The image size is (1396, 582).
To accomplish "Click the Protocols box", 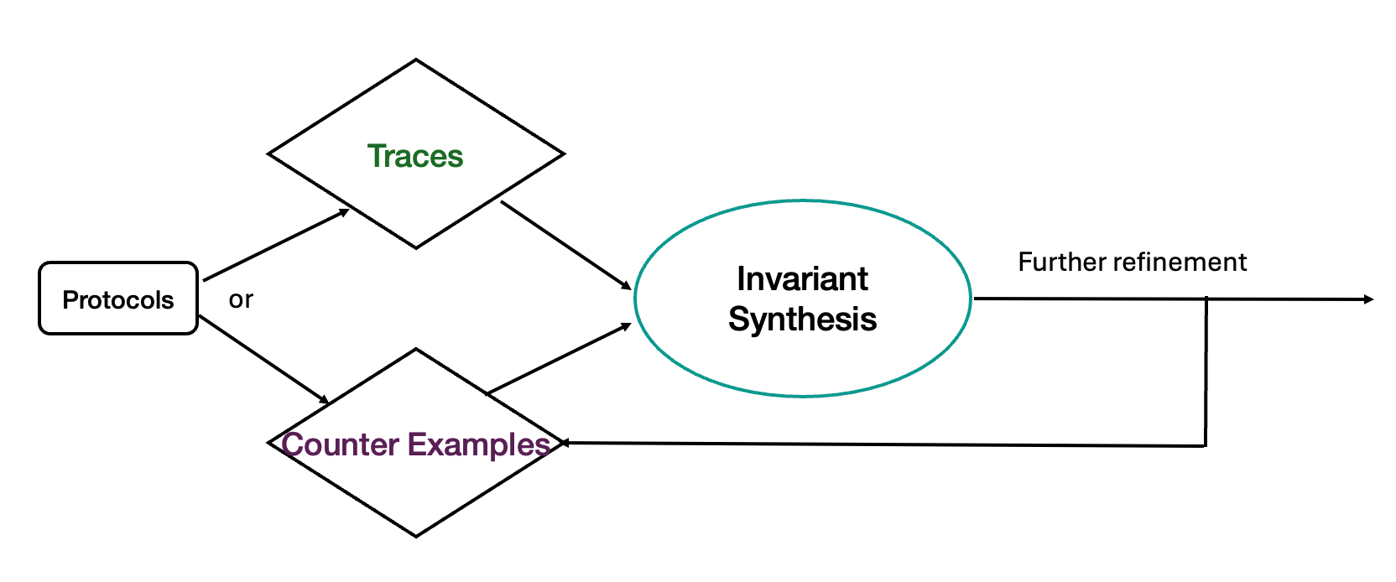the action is click(x=118, y=299).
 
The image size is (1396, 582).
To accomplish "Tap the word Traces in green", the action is click(x=415, y=156).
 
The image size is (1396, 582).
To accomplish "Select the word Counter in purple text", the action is click(x=341, y=444).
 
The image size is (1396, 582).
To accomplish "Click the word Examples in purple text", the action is click(x=479, y=445).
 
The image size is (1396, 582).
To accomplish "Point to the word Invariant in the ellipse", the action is click(x=802, y=278).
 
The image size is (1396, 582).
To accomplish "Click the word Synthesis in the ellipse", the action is click(x=802, y=319).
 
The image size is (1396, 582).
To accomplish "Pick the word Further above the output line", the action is click(x=1061, y=262).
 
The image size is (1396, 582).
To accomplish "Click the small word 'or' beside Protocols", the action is click(x=241, y=299).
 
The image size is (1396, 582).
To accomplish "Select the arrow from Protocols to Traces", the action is click(x=276, y=245).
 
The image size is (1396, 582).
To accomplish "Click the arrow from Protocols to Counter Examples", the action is click(x=263, y=360).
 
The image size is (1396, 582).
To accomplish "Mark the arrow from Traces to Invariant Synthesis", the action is click(x=566, y=246).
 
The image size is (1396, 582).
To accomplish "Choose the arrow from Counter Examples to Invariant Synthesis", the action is click(x=559, y=358).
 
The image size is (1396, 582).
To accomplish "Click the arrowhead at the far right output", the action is click(x=1368, y=299).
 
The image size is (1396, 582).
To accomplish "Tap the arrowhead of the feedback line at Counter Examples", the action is click(x=566, y=443).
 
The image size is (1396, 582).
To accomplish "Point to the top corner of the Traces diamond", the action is click(x=415, y=60).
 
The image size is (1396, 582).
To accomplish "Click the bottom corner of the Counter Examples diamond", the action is click(x=415, y=537).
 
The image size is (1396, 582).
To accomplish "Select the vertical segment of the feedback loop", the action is click(x=1206, y=372).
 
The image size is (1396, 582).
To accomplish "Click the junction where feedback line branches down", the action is click(x=1206, y=299).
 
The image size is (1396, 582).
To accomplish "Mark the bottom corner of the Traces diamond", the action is click(x=415, y=248).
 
